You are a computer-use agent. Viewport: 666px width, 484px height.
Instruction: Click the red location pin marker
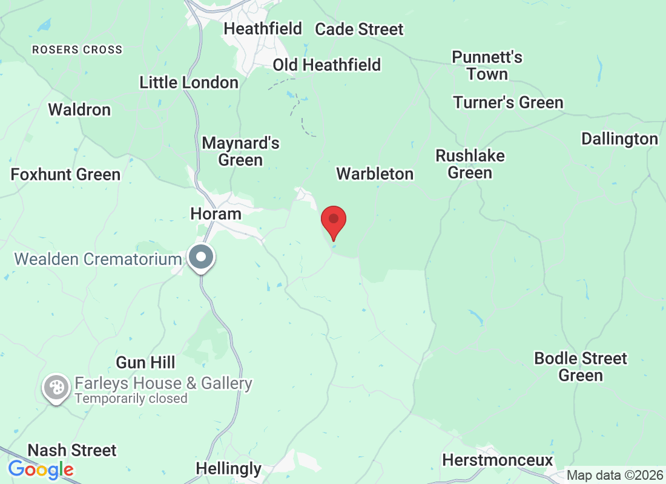[x=333, y=222]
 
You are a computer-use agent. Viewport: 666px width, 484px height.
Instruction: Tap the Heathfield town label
[x=263, y=28]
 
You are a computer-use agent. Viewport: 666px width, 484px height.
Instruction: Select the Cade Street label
[x=359, y=29]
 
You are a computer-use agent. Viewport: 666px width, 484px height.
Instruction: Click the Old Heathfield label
[x=327, y=65]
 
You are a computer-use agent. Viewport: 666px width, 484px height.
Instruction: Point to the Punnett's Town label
[x=487, y=65]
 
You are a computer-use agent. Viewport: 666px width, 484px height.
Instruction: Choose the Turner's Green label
[x=509, y=102]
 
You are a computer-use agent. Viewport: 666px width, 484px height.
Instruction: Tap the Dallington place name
[x=619, y=139]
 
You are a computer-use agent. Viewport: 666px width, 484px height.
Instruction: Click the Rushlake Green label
[x=470, y=164]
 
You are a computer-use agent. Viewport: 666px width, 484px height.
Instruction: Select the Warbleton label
[x=375, y=174]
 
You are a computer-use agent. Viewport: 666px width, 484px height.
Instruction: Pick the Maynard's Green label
[x=241, y=151]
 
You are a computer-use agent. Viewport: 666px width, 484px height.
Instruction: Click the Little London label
[x=189, y=82]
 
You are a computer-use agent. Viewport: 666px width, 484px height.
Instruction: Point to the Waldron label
[x=79, y=110]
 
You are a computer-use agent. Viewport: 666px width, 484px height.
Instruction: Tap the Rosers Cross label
[x=77, y=50]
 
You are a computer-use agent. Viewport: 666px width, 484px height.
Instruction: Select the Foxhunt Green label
[x=66, y=174]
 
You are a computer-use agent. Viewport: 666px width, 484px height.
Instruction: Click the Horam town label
[x=216, y=214]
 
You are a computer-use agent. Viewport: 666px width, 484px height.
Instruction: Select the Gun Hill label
[x=145, y=362]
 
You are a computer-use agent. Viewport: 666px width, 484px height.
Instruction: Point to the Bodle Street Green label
[x=581, y=367]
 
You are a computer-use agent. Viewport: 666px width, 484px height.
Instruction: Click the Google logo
[x=41, y=469]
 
